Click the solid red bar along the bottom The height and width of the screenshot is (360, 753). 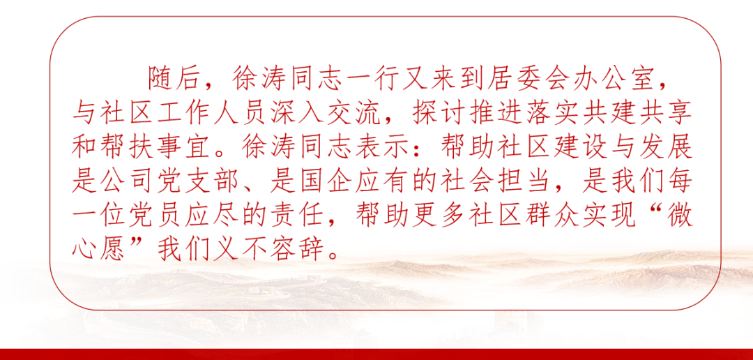[376, 354]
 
